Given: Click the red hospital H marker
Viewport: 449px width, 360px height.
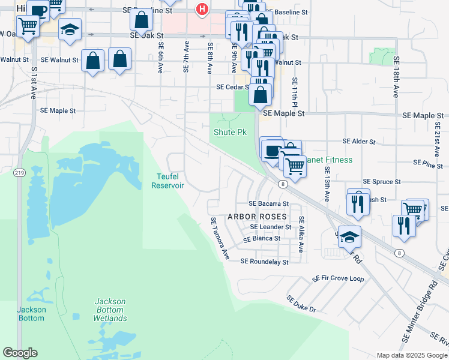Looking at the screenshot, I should coord(202,10).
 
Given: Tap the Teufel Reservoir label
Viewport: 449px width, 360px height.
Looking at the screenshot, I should coord(168,181).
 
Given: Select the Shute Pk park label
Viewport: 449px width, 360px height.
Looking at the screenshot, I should coord(230,132).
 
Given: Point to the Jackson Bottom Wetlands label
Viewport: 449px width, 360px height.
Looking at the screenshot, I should coord(110,310).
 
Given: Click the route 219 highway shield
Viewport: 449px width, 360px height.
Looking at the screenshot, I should coord(20,173).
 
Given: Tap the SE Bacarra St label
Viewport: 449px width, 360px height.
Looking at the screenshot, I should coord(270,204).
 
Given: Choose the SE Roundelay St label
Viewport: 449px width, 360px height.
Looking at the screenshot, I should coord(264,262).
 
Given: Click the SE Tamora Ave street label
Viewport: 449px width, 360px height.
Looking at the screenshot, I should coord(220,238).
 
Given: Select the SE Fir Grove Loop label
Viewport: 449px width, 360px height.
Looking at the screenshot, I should coord(338,279).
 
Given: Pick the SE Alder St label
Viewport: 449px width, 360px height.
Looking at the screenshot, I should coord(358,142).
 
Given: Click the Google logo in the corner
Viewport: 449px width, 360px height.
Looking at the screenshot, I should coord(20,353).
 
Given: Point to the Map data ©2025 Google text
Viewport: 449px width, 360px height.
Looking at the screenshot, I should coord(411,355).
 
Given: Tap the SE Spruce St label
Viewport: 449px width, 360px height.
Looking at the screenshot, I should coord(382,182).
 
